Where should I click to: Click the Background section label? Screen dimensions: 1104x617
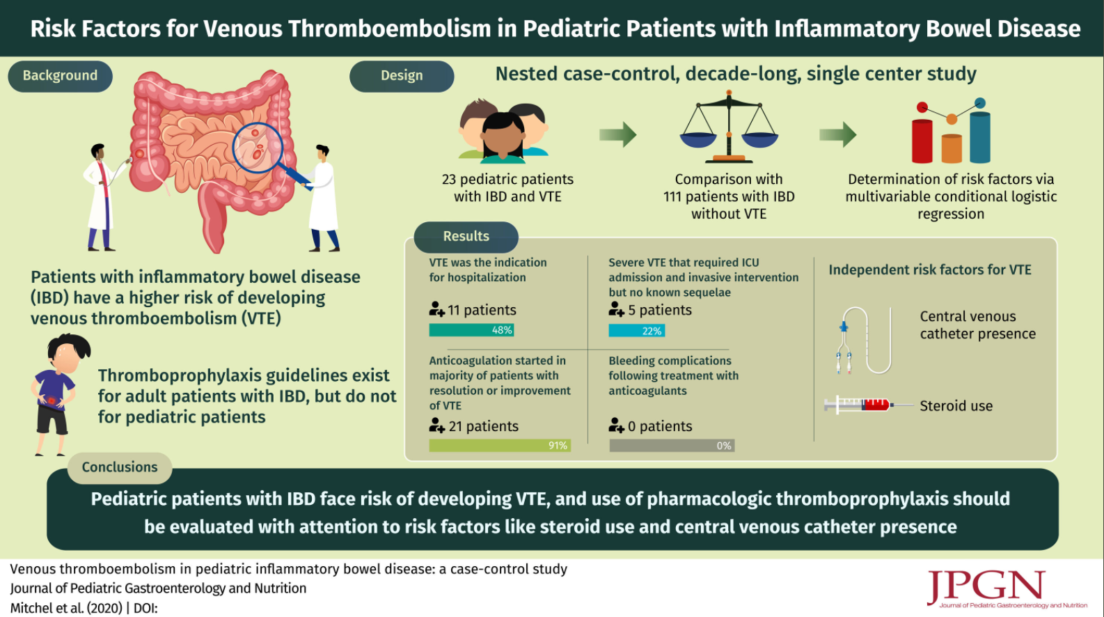60,75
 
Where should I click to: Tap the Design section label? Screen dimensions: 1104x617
402,75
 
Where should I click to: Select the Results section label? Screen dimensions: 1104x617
466,236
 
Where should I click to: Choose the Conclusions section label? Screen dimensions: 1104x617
120,467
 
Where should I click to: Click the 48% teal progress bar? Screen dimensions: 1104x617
471,330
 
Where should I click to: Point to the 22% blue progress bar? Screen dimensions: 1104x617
636,331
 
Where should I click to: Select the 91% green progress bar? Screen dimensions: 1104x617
500,446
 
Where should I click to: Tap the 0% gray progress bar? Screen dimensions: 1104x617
672,446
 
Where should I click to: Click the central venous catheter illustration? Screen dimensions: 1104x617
863,341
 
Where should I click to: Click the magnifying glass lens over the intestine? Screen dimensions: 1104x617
258,147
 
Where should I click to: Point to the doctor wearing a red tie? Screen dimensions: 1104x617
104,197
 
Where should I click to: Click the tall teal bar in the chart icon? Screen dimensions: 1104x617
980,137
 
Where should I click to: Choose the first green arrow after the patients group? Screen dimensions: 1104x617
617,134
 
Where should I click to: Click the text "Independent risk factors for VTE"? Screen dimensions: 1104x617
929,270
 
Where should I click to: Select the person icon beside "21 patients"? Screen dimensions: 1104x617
436,425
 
